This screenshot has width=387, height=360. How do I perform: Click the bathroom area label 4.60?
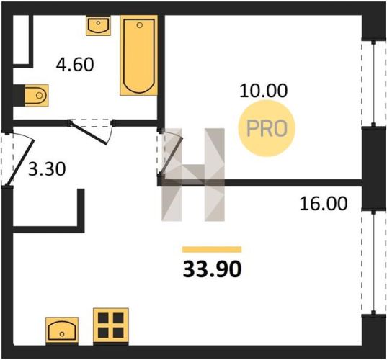click(x=75, y=65)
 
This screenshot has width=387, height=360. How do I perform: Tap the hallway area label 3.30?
click(x=47, y=169)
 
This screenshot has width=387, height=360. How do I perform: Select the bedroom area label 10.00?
click(x=264, y=91)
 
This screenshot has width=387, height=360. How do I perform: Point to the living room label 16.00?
click(x=324, y=204)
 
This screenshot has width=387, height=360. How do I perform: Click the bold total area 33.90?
click(x=212, y=269)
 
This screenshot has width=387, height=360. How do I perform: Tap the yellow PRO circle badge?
click(x=267, y=128)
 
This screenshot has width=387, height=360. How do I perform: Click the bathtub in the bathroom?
click(x=139, y=55)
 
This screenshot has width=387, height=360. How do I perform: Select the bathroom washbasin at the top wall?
click(x=98, y=26)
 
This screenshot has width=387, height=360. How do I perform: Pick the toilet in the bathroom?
click(x=37, y=95)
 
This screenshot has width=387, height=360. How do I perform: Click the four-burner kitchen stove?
click(x=111, y=325)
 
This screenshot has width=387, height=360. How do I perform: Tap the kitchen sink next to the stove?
click(x=62, y=330)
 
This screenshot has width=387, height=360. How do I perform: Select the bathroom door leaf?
click(x=89, y=133)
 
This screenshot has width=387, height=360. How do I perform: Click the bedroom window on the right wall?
click(x=374, y=84)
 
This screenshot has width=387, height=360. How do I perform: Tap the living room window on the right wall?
click(x=374, y=263)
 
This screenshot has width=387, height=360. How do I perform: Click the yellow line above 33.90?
click(x=212, y=250)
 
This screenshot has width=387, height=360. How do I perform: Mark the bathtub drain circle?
click(x=139, y=25)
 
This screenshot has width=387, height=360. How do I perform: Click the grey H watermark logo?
click(x=193, y=174)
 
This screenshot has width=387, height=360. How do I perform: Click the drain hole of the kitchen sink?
click(x=62, y=334)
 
